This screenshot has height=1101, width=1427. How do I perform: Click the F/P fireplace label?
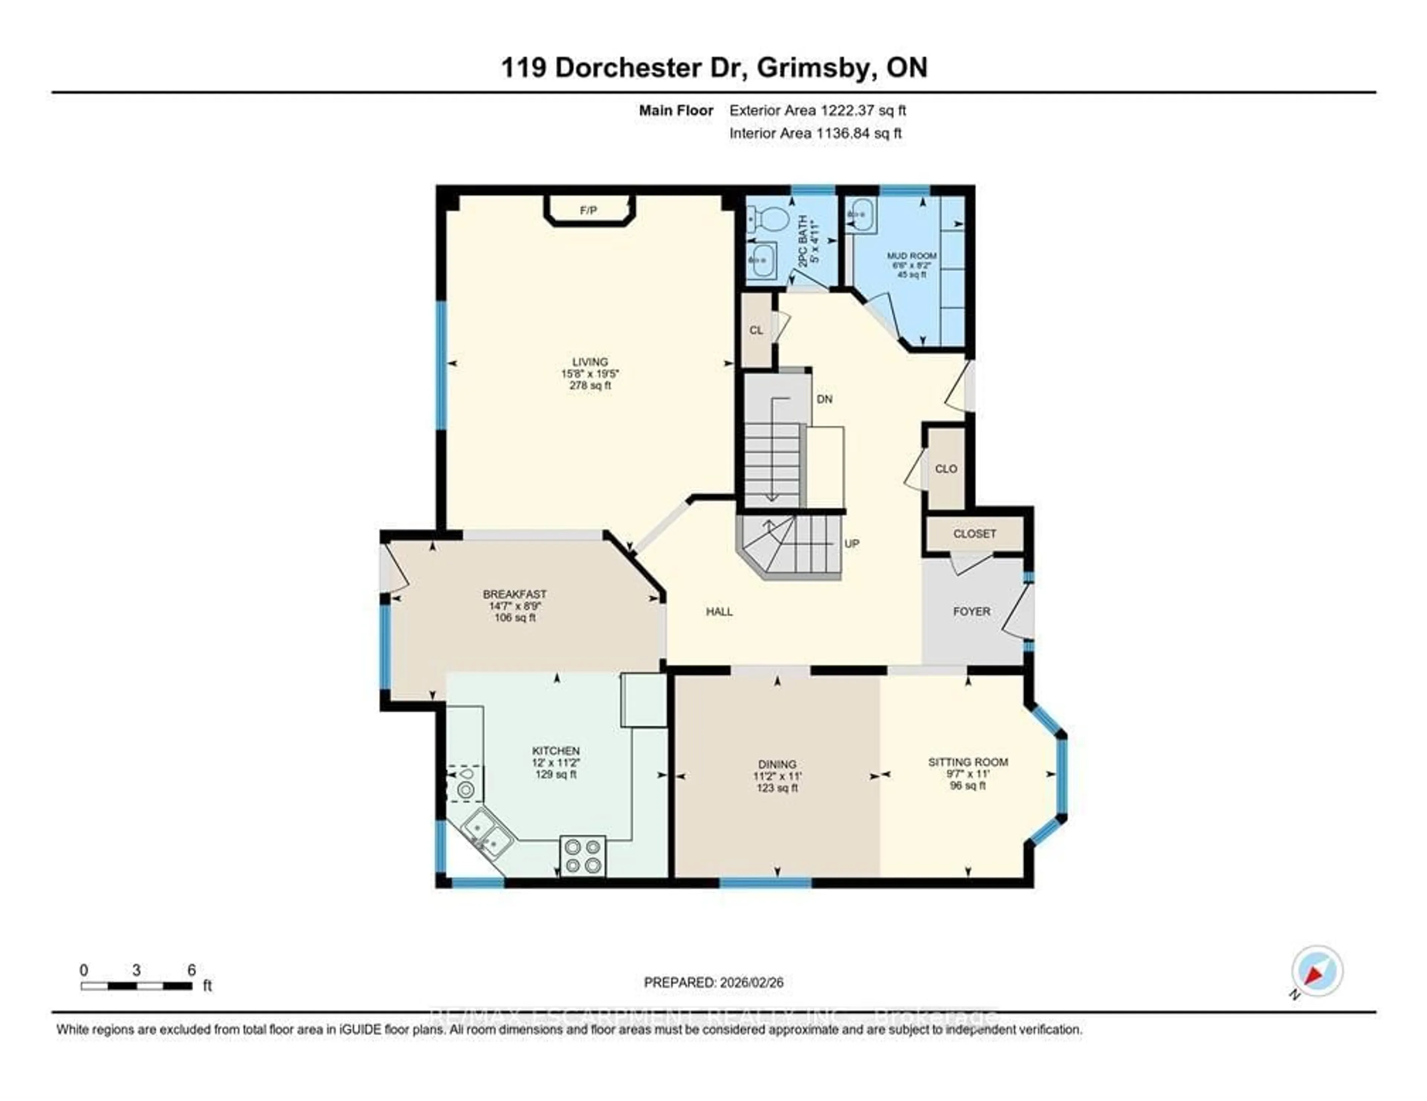pyautogui.click(x=588, y=210)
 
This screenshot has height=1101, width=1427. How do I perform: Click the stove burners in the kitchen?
pyautogui.click(x=583, y=855)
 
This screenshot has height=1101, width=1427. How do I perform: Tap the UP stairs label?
pyautogui.click(x=851, y=543)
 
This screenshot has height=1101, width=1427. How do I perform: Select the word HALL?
pyautogui.click(x=719, y=612)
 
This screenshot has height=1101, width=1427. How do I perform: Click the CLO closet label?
pyautogui.click(x=945, y=469)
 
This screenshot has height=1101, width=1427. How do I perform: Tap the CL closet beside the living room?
pyautogui.click(x=756, y=331)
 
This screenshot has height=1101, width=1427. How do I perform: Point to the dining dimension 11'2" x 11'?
pyautogui.click(x=777, y=776)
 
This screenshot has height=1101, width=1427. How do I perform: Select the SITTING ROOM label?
pyautogui.click(x=968, y=762)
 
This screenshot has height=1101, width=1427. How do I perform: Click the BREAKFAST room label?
pyautogui.click(x=514, y=594)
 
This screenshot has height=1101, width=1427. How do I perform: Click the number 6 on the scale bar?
pyautogui.click(x=191, y=970)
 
